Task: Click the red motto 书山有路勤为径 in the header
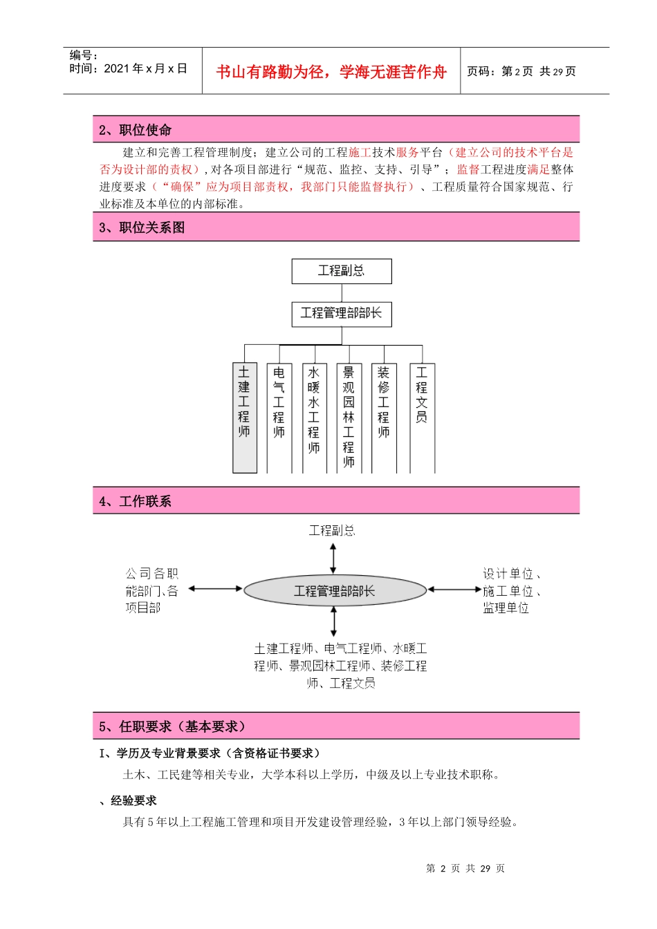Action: (331, 72)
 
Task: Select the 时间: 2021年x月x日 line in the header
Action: (129, 68)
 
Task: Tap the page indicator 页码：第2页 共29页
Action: (521, 71)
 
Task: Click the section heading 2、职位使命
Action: (136, 130)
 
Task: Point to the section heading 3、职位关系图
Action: (142, 227)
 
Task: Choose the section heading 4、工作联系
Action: (135, 501)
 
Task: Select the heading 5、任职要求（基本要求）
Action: (172, 726)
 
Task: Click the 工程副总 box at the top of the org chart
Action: (342, 271)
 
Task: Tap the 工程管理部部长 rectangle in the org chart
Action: (342, 314)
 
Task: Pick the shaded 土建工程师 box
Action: (245, 417)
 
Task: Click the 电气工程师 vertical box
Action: (279, 417)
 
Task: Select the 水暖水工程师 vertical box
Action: (314, 417)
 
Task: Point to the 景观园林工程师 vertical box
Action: (349, 417)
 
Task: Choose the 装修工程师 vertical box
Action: (384, 417)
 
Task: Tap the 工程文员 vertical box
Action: (422, 417)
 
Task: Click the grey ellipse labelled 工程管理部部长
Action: (335, 591)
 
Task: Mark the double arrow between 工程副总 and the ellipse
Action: (333, 559)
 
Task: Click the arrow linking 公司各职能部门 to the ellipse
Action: (215, 589)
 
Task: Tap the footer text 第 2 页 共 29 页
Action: (465, 868)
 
